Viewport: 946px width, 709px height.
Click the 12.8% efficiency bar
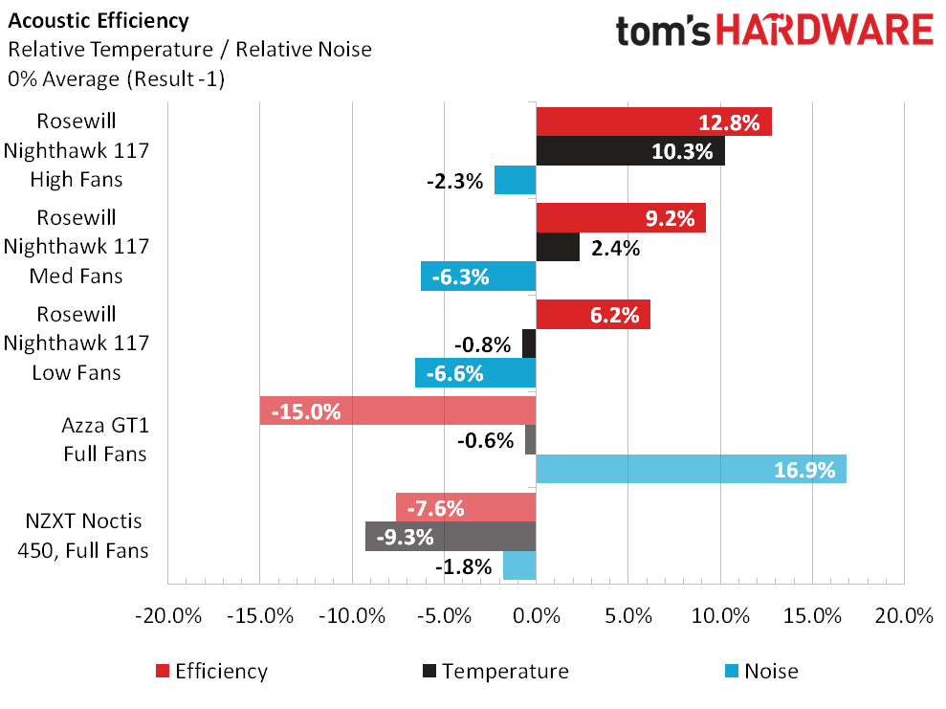[653, 122]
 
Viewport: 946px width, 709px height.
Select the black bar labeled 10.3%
[629, 151]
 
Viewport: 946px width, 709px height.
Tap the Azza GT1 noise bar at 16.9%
[691, 469]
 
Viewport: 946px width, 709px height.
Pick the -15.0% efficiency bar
[397, 411]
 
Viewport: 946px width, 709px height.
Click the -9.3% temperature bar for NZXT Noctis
[450, 537]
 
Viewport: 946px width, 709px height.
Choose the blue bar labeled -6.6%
[475, 373]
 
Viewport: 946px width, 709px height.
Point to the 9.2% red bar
[620, 218]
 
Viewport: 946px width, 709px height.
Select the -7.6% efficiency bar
[466, 507]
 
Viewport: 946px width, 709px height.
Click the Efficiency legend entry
[210, 672]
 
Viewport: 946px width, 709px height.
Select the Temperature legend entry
[494, 672]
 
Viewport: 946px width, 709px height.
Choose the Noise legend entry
[761, 672]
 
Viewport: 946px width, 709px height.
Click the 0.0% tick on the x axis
[536, 616]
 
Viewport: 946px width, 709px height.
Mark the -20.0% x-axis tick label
[168, 616]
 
